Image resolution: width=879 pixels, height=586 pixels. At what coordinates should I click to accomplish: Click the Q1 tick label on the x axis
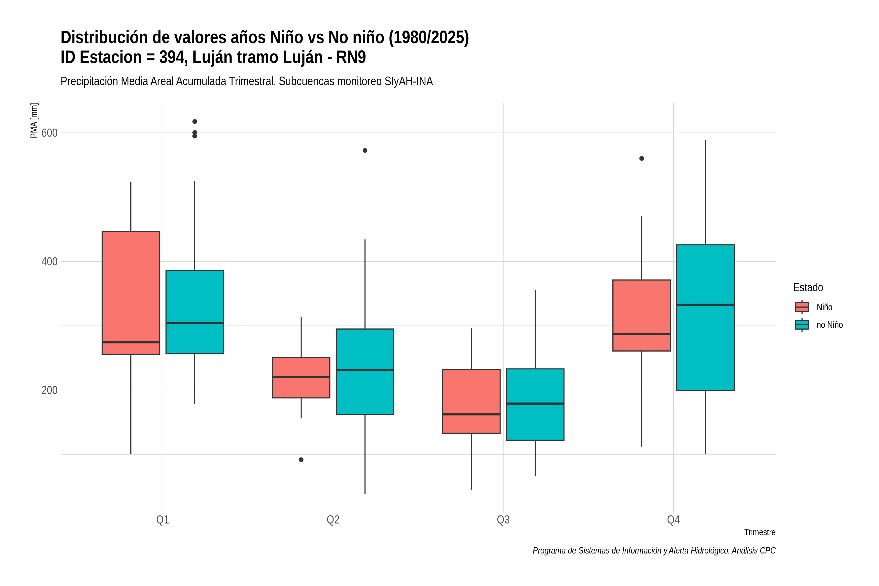pos(163,520)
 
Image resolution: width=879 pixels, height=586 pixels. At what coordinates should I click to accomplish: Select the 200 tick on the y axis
pos(49,390)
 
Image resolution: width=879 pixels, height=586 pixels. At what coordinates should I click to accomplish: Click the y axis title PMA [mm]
pos(34,120)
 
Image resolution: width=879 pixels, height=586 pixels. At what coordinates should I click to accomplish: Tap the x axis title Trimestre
pos(760,532)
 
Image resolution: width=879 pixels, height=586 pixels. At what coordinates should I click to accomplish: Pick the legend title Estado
pos(808,287)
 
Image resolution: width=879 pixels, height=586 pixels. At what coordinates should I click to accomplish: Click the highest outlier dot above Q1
pos(195,121)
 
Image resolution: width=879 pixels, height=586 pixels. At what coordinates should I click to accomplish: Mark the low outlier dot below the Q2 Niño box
pos(301,460)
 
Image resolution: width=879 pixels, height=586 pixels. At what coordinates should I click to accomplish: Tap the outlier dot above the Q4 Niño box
pos(642,158)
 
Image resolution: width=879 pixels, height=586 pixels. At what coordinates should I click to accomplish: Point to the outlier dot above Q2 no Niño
pos(365,150)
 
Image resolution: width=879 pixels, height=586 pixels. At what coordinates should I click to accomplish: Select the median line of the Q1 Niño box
pos(131,342)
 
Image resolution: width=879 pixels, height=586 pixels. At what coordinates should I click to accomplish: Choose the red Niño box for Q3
pos(471,401)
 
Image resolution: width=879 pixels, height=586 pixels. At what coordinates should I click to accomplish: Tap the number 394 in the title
pos(173,57)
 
